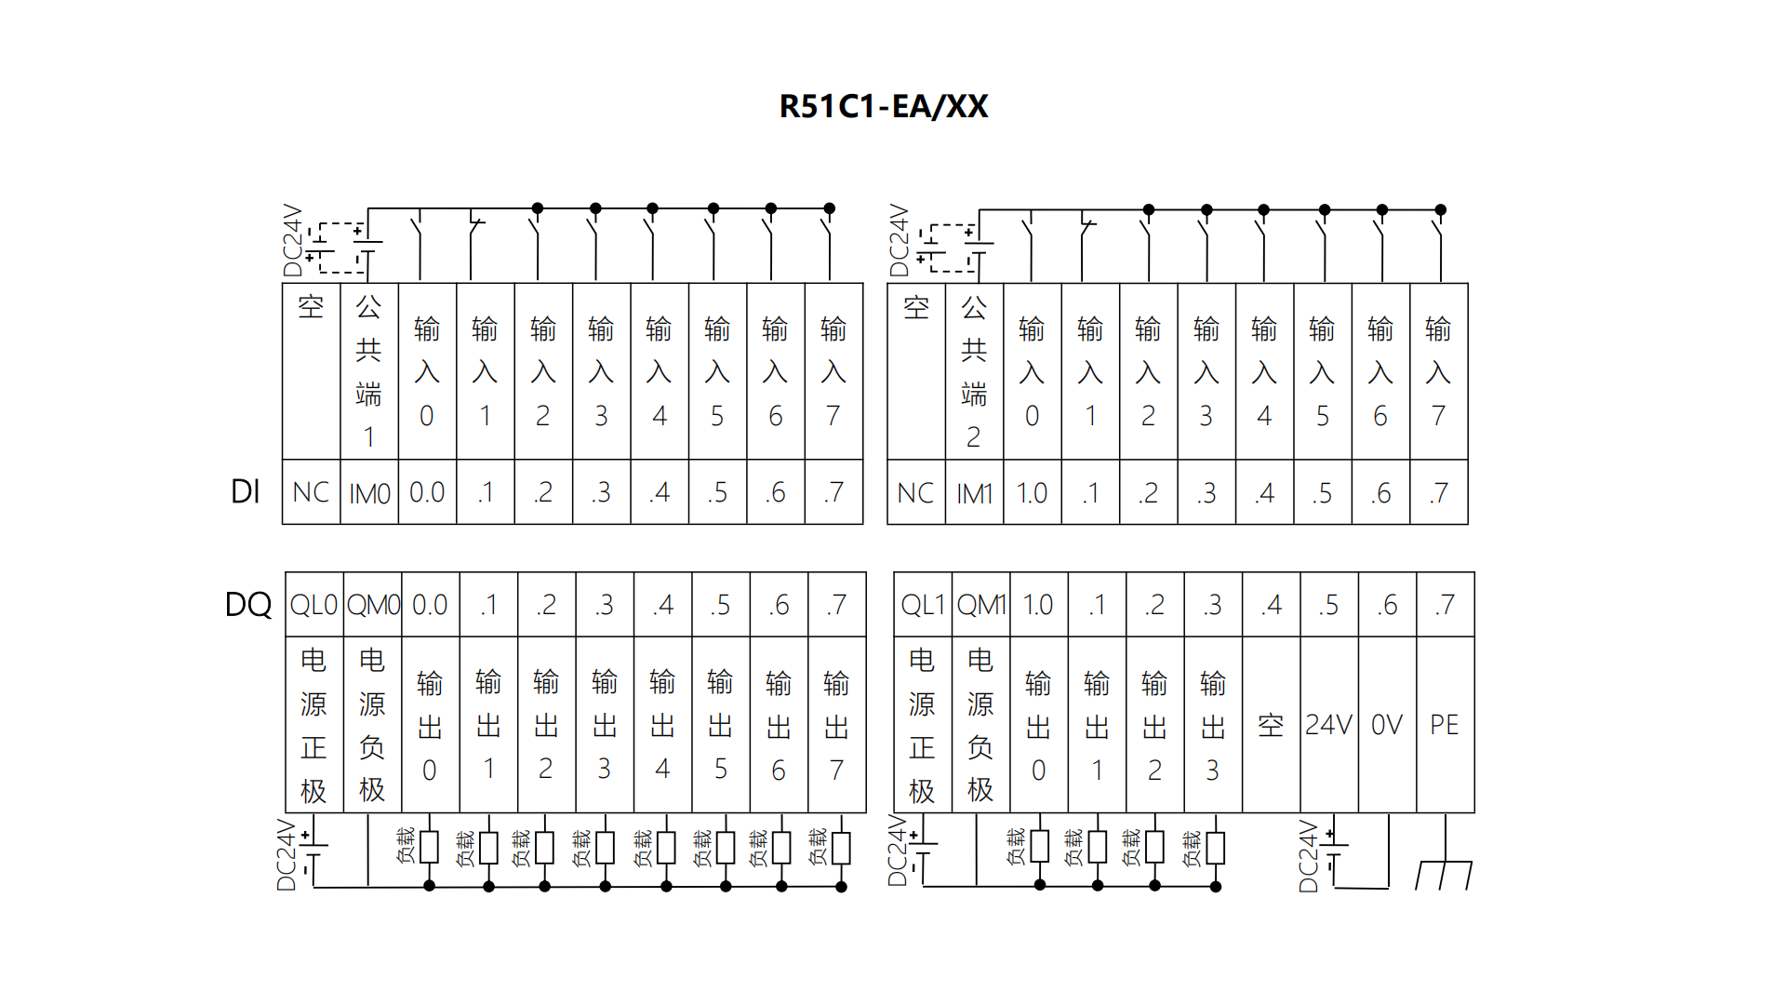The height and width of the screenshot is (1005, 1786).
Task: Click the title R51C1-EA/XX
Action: coord(883,107)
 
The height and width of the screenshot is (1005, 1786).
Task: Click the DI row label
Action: coord(245,491)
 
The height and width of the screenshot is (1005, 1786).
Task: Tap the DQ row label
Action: coord(247,605)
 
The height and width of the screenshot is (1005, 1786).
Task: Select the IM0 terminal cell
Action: coord(369,492)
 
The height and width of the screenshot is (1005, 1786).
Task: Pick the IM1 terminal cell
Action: coord(974,492)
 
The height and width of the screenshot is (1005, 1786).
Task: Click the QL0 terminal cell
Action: coord(313,605)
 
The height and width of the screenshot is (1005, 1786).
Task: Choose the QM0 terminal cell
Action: coord(373,605)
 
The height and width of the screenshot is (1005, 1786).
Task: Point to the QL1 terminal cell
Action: coord(922,605)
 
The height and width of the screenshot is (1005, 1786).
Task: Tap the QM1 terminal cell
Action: coord(980,605)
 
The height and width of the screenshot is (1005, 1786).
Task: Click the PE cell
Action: coord(1444,725)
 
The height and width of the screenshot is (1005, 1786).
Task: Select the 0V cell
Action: coord(1386,725)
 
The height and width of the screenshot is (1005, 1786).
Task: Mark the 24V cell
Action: coord(1328,725)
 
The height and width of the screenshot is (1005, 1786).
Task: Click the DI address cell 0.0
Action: coord(427,492)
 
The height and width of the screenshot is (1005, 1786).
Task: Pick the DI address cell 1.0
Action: coord(1032,492)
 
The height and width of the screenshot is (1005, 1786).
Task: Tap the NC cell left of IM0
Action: coord(311,492)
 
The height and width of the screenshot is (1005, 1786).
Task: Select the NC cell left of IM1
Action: coord(915,492)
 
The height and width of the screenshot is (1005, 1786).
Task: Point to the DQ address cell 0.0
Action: coord(430,605)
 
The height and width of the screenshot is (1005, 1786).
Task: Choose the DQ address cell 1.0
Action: coord(1038,605)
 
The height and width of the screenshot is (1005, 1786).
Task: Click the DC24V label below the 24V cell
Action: coord(1308,856)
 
